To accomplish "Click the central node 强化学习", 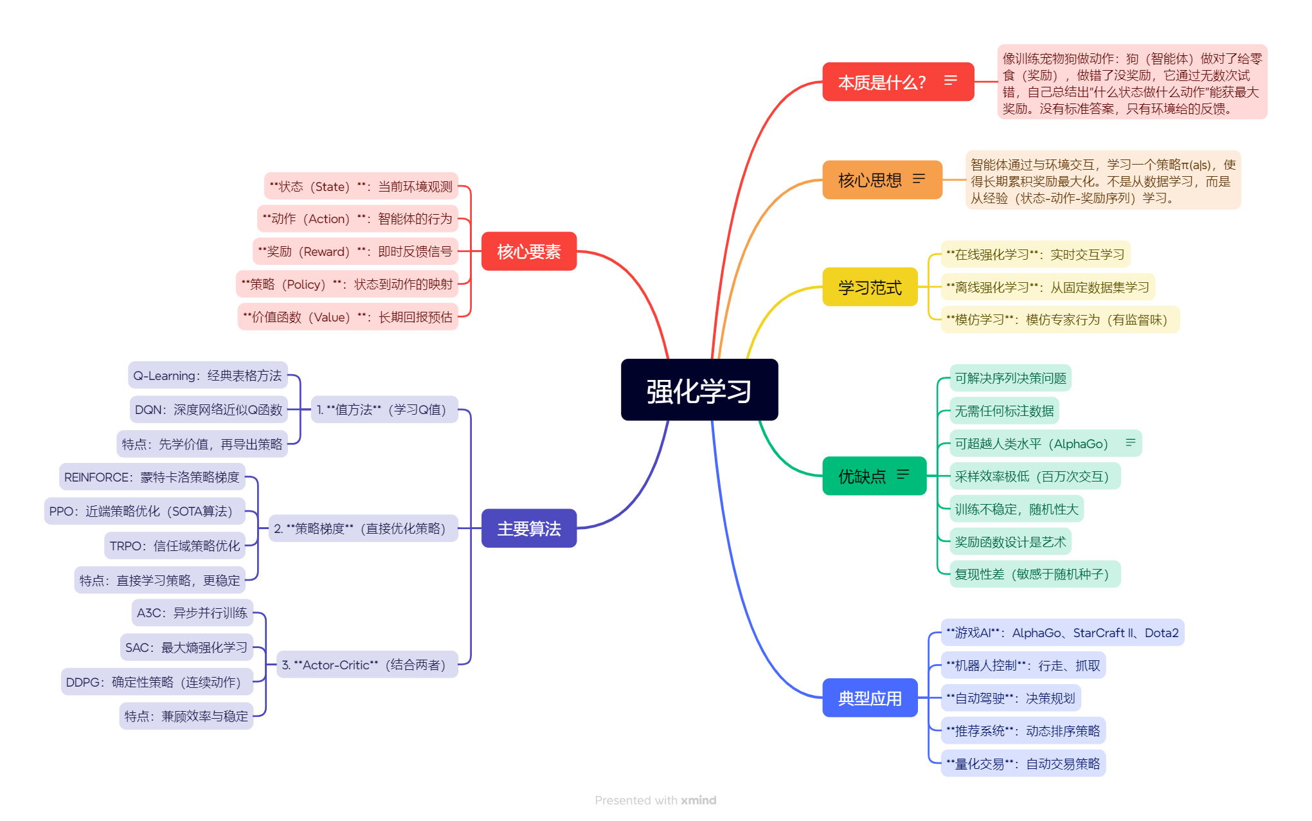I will click(x=699, y=390).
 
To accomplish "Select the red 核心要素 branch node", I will click(x=528, y=251).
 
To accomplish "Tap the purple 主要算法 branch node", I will click(x=528, y=528).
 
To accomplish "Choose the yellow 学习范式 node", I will click(x=869, y=287).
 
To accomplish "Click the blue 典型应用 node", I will click(x=869, y=698).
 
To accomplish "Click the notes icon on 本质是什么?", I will click(x=950, y=80).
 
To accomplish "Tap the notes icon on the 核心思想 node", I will click(x=919, y=179).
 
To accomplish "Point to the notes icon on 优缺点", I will click(x=903, y=474).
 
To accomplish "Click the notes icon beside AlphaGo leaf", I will click(x=1130, y=442).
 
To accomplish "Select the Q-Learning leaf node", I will click(x=207, y=375).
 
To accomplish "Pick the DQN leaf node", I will click(x=208, y=410).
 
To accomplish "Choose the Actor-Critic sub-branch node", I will click(x=366, y=665).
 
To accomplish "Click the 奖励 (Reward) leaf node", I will click(x=355, y=251).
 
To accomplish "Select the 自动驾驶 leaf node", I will click(x=1010, y=698).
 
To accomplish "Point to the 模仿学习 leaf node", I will click(x=1059, y=320).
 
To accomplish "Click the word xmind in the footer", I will click(x=698, y=800).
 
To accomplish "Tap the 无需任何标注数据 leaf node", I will click(x=1003, y=411).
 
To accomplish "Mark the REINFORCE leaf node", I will click(x=152, y=477).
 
